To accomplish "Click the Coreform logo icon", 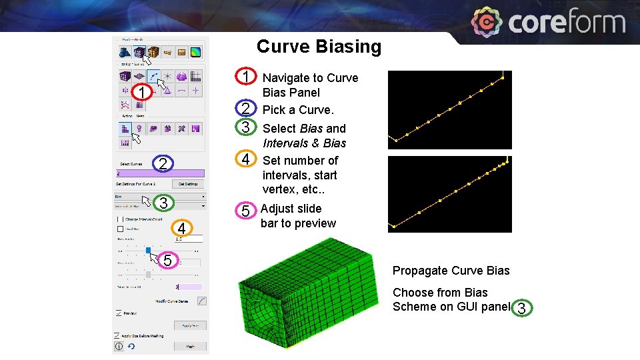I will [x=487, y=23].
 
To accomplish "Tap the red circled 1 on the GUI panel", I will [x=142, y=91].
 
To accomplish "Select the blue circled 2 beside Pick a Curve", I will [x=245, y=109].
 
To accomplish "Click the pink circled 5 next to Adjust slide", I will [x=245, y=211].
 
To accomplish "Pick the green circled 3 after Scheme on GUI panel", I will [x=522, y=307].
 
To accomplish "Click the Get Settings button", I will [x=187, y=184].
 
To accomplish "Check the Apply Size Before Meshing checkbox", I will [x=117, y=336].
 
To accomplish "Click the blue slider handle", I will [x=148, y=251].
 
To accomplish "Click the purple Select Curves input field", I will [x=160, y=173].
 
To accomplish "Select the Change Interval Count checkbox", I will [x=120, y=219].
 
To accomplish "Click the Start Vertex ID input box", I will [x=189, y=287].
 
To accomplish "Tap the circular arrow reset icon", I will [x=131, y=347].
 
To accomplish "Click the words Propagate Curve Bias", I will [x=451, y=271].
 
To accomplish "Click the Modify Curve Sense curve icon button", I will [x=201, y=301].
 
